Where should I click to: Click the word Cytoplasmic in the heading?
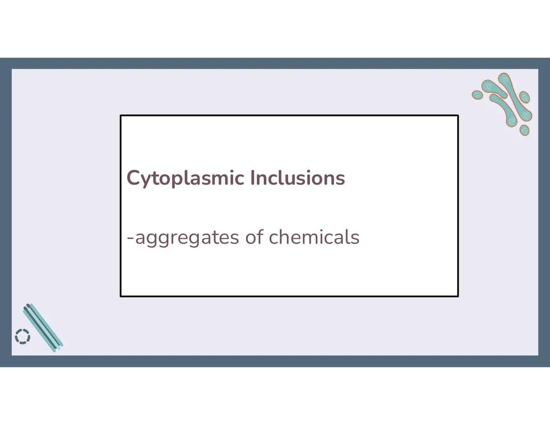coord(185,178)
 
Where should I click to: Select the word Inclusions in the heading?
coord(298,178)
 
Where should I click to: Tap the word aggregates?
coord(187,238)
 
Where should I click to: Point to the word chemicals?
coord(314,237)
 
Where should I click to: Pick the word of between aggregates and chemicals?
coord(254,237)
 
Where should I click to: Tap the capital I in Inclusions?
coord(253,178)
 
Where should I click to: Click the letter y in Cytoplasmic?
coord(146,180)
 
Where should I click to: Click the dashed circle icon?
coord(22,336)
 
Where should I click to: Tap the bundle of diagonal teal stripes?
coord(43,327)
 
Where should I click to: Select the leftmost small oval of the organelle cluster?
coord(477,95)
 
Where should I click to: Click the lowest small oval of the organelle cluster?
coord(524,130)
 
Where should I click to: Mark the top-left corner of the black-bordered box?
coord(120,116)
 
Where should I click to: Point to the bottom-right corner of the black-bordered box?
coord(458,296)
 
